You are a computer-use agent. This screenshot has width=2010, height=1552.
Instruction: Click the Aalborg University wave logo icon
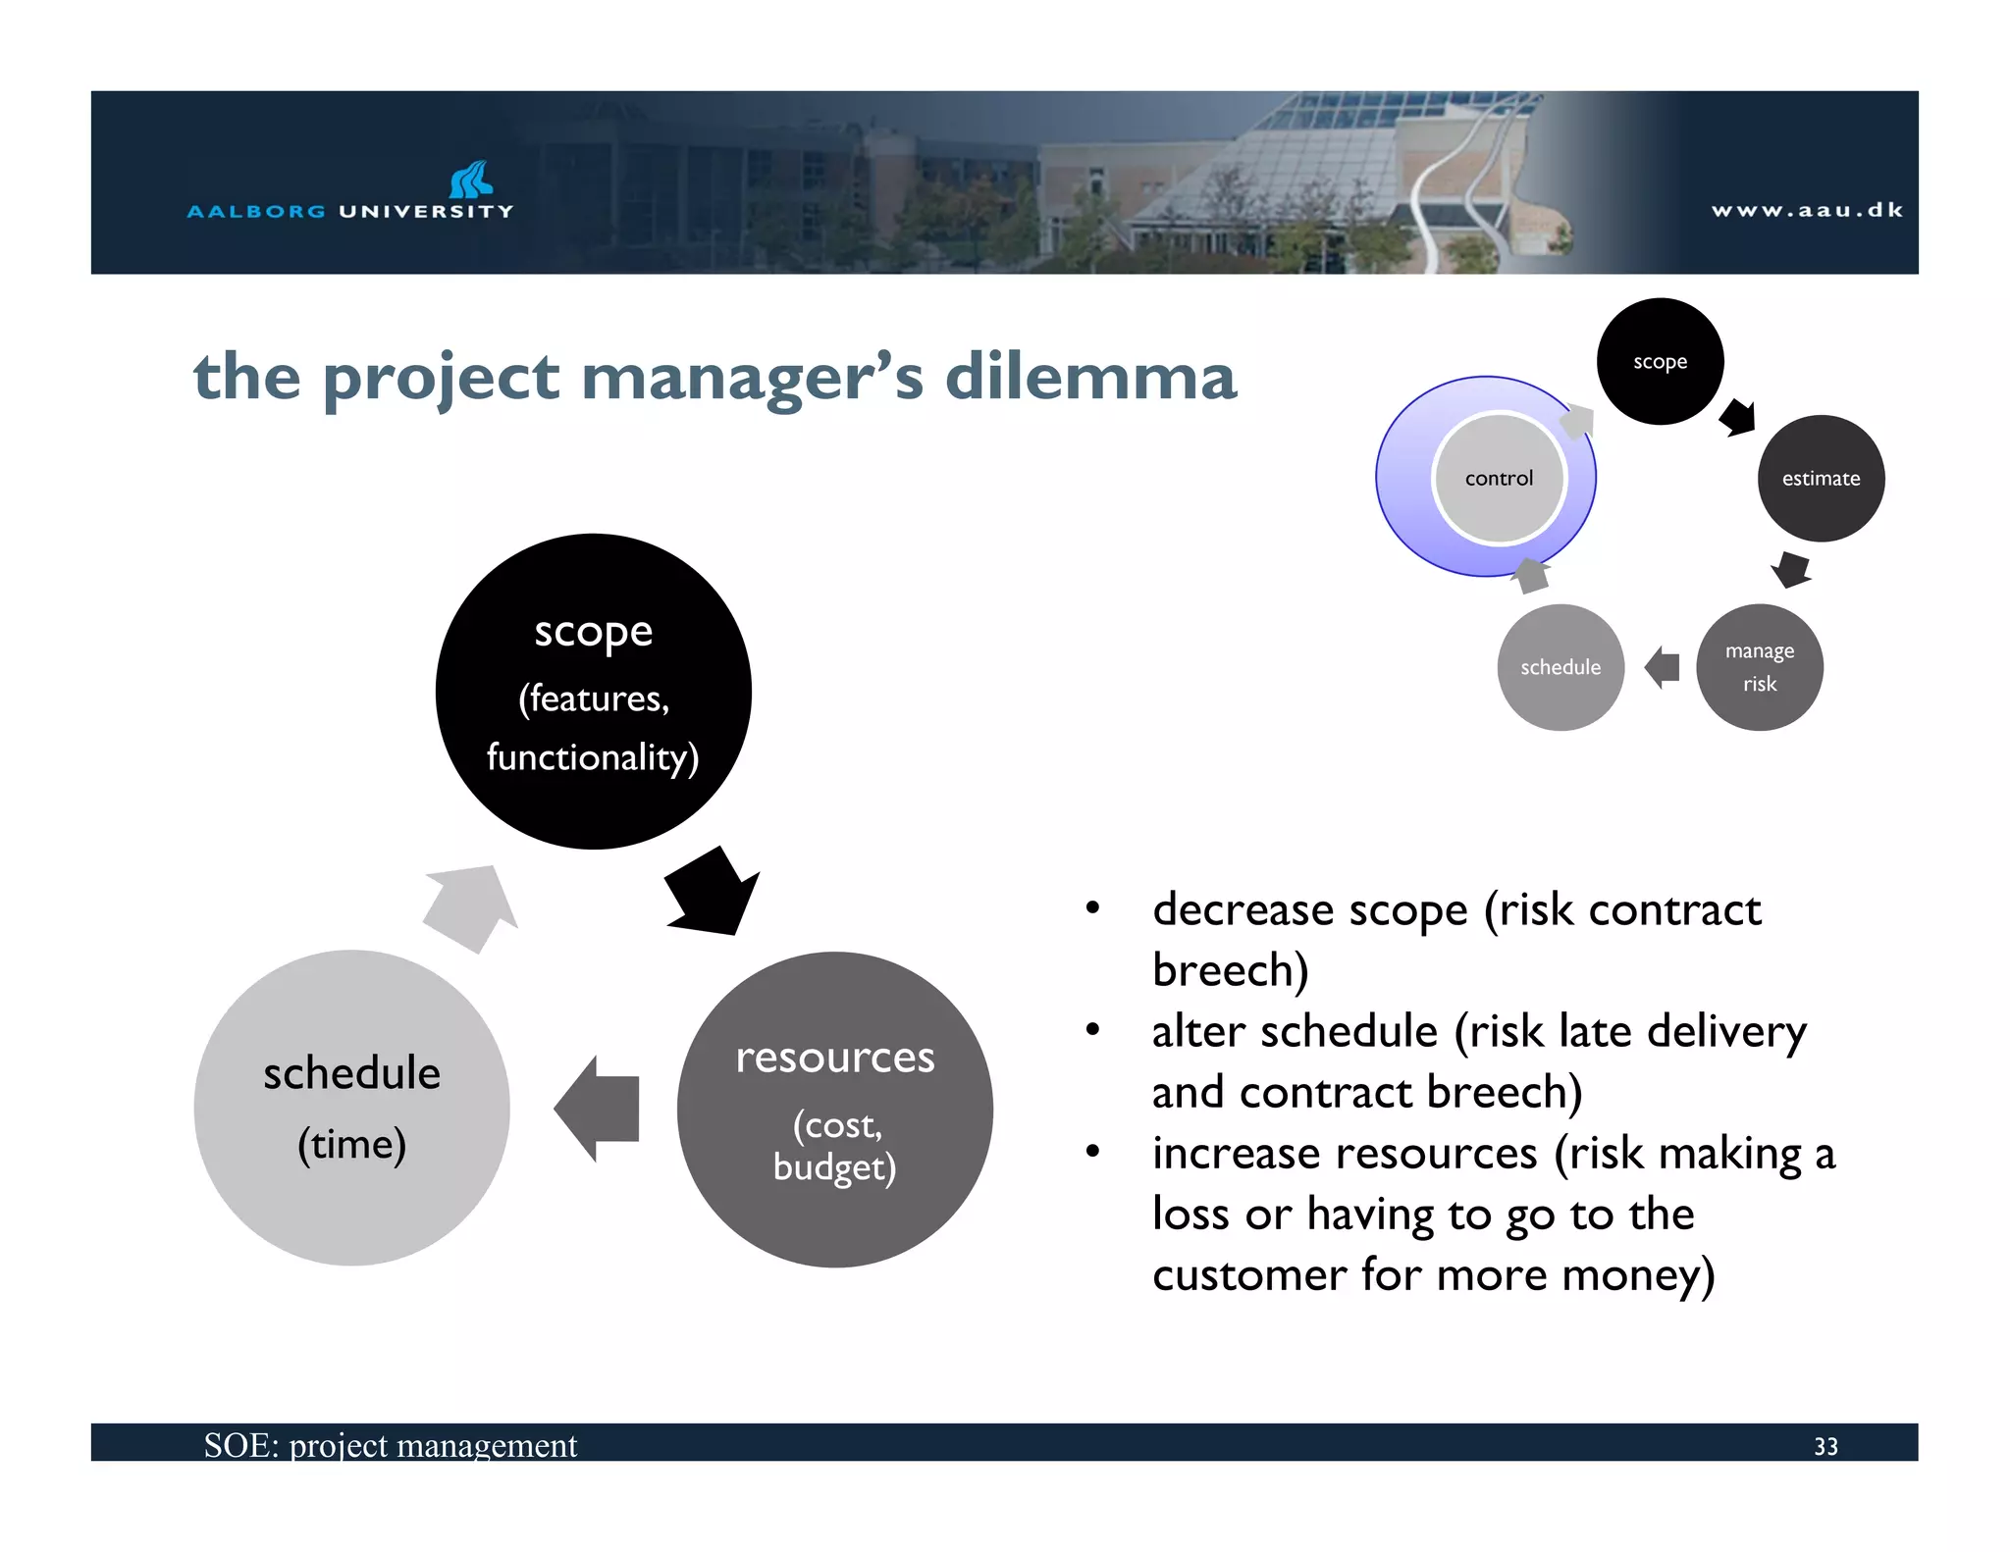tap(471, 181)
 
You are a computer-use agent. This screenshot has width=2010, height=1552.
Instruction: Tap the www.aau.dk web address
tap(1807, 210)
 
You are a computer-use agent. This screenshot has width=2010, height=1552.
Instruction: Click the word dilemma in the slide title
tap(1089, 378)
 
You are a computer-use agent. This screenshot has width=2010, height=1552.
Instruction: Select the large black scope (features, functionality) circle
tap(593, 692)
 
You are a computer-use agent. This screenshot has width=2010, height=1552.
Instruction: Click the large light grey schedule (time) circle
tap(351, 1108)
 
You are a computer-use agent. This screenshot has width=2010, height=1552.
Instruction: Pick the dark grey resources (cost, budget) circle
tap(834, 1110)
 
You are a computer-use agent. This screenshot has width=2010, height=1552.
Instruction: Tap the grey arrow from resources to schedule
tap(598, 1109)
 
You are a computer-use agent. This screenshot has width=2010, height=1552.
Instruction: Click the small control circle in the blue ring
tap(1499, 479)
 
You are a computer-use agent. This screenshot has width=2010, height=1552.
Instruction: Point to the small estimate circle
tap(1821, 479)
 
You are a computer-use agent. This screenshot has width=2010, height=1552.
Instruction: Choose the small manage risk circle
tap(1759, 667)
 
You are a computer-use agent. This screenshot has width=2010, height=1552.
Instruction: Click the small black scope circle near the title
tap(1660, 362)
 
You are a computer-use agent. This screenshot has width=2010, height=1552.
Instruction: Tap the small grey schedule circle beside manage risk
tap(1560, 667)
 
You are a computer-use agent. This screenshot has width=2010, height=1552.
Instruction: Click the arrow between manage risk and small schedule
tap(1663, 667)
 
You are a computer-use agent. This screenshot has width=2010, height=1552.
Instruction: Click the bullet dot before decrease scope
tap(1092, 908)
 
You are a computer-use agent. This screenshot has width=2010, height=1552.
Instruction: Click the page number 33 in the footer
tap(1825, 1446)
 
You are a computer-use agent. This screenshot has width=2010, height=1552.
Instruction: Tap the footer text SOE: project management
tap(391, 1445)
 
